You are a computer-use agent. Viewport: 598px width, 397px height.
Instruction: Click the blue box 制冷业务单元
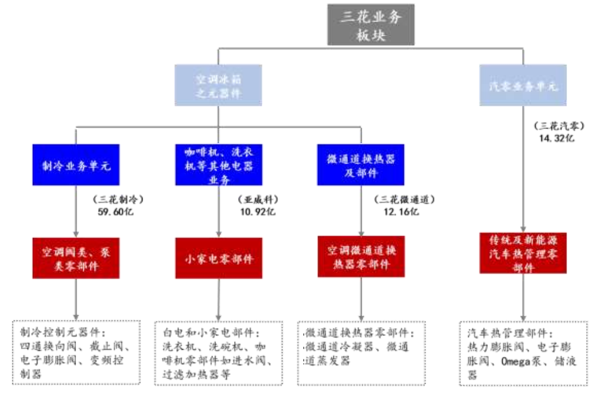click(x=76, y=164)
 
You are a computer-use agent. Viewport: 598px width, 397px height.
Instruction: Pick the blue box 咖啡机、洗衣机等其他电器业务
click(x=218, y=164)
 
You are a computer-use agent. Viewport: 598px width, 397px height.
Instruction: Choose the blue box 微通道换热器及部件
click(x=360, y=165)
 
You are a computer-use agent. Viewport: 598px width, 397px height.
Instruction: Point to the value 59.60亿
click(x=113, y=211)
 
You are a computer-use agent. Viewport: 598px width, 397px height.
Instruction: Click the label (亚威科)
click(x=257, y=199)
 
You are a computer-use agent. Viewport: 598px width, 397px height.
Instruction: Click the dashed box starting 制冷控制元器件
click(x=76, y=353)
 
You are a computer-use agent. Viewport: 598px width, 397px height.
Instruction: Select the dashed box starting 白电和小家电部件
click(x=218, y=353)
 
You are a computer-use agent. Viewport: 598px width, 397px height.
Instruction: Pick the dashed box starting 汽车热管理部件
click(x=523, y=353)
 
